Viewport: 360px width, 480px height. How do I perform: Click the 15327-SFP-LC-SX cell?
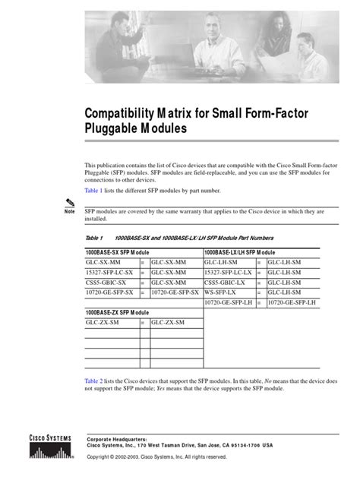point(110,270)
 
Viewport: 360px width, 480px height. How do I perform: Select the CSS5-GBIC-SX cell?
point(106,281)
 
